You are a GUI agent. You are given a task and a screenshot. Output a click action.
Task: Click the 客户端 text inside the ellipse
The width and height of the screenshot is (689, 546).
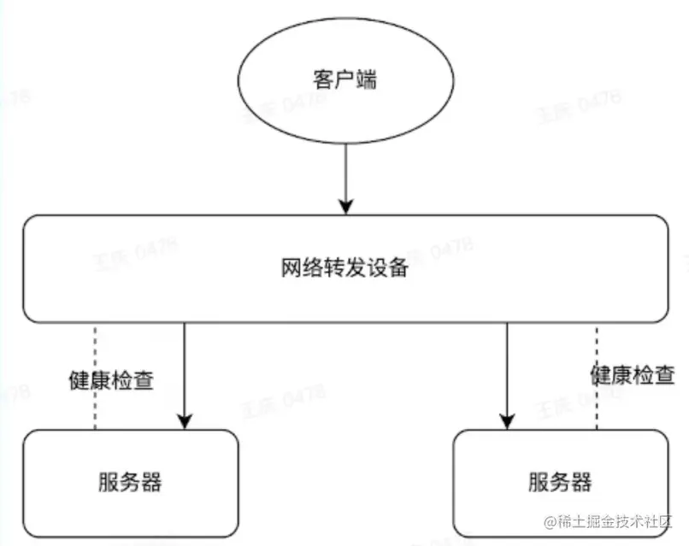pyautogui.click(x=346, y=82)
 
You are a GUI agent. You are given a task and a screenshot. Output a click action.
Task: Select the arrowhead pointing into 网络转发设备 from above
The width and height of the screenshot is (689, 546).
pyautogui.click(x=345, y=206)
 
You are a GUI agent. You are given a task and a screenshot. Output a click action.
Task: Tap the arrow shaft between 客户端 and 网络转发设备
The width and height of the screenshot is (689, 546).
pyautogui.click(x=345, y=171)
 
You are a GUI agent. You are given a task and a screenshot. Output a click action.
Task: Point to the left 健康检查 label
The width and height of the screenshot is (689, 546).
pyautogui.click(x=111, y=381)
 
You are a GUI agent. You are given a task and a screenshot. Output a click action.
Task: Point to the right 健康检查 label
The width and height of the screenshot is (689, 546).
pyautogui.click(x=633, y=374)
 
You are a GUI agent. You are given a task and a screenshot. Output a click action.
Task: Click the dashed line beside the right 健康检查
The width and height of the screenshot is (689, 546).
pyautogui.click(x=596, y=402)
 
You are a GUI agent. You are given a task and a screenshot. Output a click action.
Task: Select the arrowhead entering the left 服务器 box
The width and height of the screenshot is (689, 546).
pyautogui.click(x=185, y=420)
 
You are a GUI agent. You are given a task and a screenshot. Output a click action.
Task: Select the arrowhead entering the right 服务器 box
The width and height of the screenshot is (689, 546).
pyautogui.click(x=507, y=420)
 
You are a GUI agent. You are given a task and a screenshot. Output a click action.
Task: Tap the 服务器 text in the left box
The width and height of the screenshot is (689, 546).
pyautogui.click(x=130, y=483)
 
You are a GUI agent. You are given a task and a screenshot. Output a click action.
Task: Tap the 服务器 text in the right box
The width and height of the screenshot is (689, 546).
pyautogui.click(x=560, y=481)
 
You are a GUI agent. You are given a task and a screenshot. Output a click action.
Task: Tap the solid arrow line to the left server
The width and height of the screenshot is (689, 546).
pyautogui.click(x=185, y=367)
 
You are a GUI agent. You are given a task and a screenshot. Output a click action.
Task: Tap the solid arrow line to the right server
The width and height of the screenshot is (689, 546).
pyautogui.click(x=507, y=367)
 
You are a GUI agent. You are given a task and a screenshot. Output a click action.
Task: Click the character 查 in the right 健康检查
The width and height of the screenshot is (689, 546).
pyautogui.click(x=665, y=374)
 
